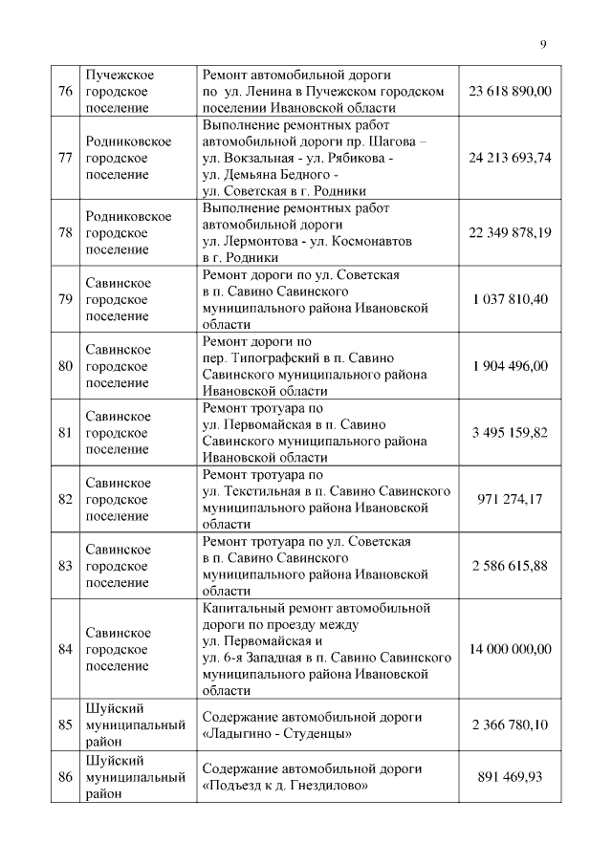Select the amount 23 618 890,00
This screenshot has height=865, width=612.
click(x=510, y=91)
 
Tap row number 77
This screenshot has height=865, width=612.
click(x=66, y=157)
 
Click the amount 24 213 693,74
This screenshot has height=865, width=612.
click(x=510, y=157)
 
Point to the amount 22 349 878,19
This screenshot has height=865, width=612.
click(x=510, y=232)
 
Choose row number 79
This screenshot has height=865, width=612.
click(x=66, y=299)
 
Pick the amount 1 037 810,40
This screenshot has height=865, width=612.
click(x=510, y=299)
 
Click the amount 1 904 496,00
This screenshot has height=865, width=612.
click(x=510, y=365)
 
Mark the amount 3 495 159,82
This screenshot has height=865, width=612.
click(x=510, y=432)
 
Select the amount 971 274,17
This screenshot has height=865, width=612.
click(x=510, y=498)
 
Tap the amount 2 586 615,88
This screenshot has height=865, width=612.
click(x=510, y=565)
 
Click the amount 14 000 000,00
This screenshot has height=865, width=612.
click(x=510, y=649)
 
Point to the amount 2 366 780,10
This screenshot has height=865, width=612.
click(x=510, y=724)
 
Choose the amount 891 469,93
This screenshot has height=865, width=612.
click(x=510, y=777)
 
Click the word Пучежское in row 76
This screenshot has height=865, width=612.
click(x=120, y=75)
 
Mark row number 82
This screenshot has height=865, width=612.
click(x=66, y=498)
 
